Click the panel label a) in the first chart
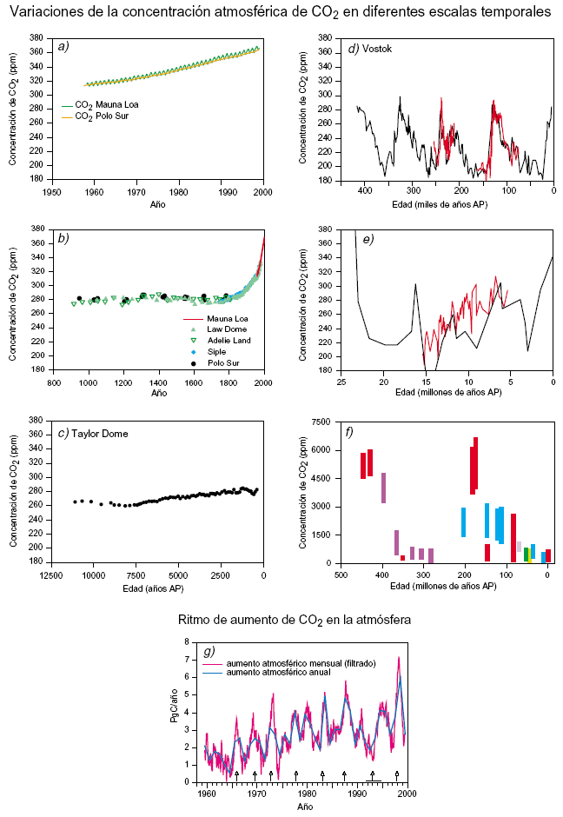pos(63,46)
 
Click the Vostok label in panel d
pos(376,49)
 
